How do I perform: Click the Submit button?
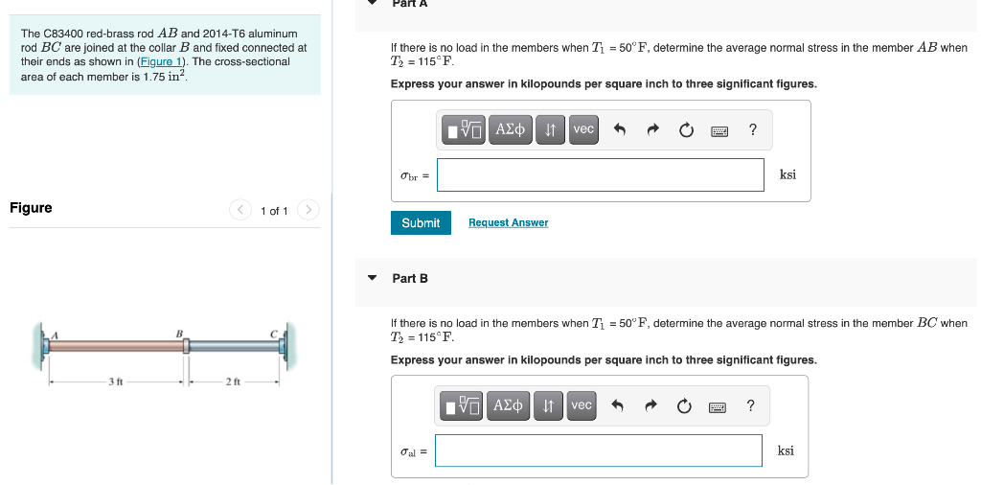point(421,222)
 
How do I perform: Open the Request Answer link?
point(508,222)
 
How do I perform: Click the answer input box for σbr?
point(600,174)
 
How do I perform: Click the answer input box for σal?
point(598,450)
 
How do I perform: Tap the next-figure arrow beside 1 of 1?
point(308,210)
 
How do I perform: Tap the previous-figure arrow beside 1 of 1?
point(240,210)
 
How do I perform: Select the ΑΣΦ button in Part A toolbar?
point(511,129)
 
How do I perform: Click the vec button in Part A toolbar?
point(582,129)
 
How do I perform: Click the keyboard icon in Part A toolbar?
point(719,130)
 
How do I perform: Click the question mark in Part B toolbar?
point(751,406)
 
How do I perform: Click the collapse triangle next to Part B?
point(373,278)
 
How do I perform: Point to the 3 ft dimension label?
point(115,381)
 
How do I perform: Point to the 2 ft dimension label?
point(233,381)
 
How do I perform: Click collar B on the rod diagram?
point(185,346)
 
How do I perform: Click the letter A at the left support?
point(55,335)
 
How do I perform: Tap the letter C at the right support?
point(273,335)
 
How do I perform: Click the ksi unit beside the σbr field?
point(787,174)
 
